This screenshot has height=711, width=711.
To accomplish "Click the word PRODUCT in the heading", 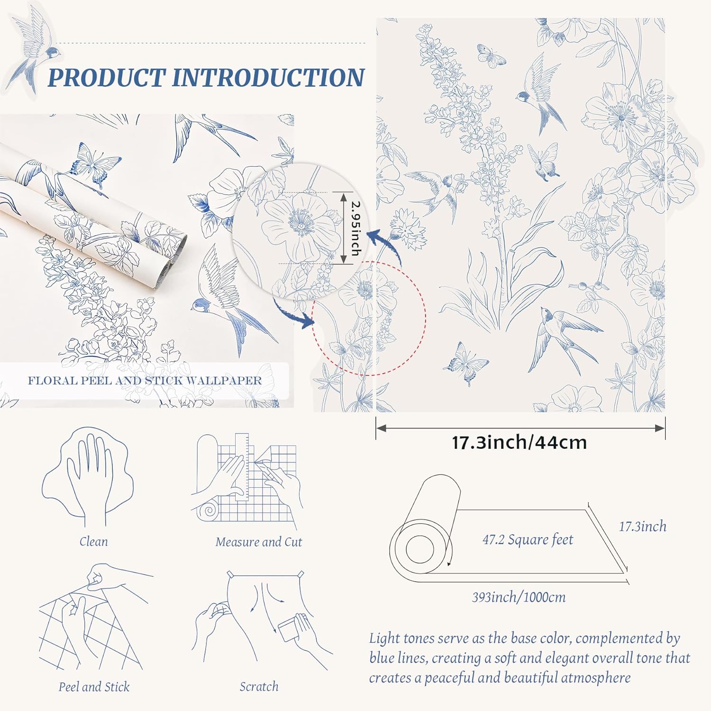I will click(x=106, y=78).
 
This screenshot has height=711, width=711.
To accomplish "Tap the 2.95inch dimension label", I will click(x=355, y=228).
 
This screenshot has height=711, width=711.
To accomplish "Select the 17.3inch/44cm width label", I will click(x=520, y=443).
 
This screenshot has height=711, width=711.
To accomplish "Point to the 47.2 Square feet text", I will click(x=528, y=540).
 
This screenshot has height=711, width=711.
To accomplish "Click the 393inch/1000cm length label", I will click(x=519, y=597).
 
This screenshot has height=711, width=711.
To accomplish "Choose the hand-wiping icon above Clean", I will click(x=88, y=476).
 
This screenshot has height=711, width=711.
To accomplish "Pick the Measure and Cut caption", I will click(x=258, y=542).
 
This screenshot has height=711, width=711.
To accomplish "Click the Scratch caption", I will click(x=259, y=686).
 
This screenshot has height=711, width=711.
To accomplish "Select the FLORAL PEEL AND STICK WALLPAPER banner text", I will click(x=145, y=381).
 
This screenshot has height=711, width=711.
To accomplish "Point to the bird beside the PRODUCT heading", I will click(x=36, y=52).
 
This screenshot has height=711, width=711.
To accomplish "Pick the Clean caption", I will click(x=93, y=541).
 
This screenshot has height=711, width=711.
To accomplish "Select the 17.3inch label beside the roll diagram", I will click(x=642, y=527).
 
